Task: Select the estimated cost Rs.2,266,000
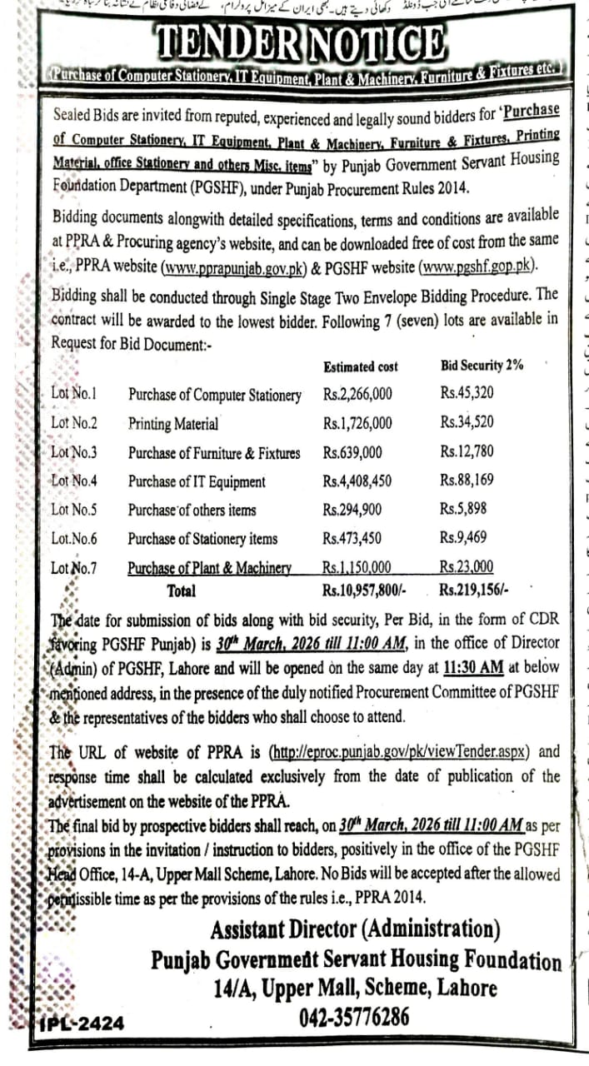(x=357, y=395)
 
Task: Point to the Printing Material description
(x=173, y=424)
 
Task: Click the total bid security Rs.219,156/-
(x=473, y=590)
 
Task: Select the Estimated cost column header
(x=360, y=366)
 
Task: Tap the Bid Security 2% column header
(x=481, y=365)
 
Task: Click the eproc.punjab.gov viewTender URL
(x=402, y=752)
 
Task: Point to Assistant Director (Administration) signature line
(x=356, y=929)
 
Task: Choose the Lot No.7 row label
(x=73, y=568)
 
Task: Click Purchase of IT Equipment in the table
(x=197, y=481)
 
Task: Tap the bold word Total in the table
(x=182, y=590)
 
